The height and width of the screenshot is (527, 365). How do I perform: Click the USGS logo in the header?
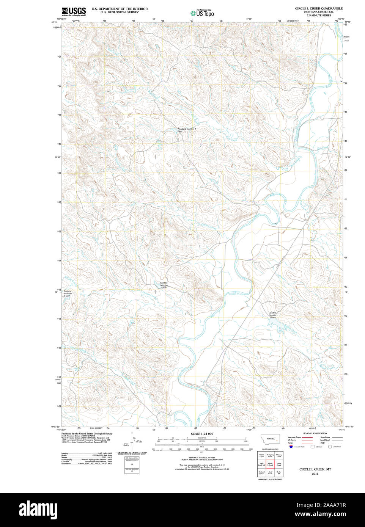tap(74, 11)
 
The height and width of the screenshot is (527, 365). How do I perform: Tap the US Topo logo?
tap(202, 13)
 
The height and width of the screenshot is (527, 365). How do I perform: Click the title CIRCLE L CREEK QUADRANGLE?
tap(319, 8)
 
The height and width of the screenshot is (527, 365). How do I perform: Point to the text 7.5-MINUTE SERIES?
tap(319, 16)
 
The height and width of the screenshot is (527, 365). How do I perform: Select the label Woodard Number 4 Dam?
tap(187, 130)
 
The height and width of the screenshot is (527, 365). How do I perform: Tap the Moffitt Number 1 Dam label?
tap(273, 315)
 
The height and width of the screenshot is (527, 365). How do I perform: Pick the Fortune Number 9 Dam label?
tap(68, 293)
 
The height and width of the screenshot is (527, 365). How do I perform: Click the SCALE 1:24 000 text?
tap(202, 434)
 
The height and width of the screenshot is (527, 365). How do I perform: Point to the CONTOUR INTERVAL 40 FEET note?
tap(202, 458)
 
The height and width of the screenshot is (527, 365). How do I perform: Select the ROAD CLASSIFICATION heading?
tap(315, 433)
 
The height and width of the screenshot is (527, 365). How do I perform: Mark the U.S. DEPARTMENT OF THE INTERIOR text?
tap(120, 9)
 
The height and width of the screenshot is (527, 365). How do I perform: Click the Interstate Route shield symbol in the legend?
tap(291, 447)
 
